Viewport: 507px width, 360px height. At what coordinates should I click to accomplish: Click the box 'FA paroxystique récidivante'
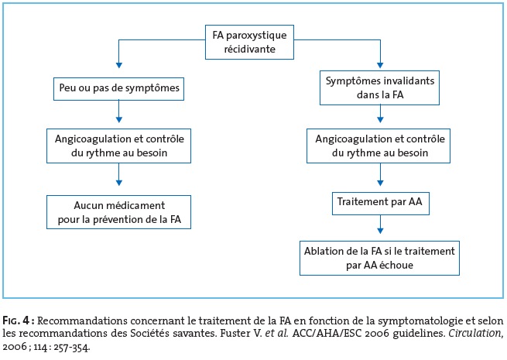249,42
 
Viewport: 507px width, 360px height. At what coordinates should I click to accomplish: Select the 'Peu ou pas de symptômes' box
118,88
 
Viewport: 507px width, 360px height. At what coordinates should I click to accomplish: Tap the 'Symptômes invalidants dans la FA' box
379,87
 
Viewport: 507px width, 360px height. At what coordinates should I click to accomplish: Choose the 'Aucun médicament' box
118,212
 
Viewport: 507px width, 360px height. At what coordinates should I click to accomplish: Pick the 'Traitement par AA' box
381,203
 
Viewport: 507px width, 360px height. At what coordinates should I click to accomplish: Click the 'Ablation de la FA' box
379,258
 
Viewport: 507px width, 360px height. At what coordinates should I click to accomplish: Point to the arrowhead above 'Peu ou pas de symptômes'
119,65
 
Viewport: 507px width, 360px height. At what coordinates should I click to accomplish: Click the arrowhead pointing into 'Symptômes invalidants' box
380,65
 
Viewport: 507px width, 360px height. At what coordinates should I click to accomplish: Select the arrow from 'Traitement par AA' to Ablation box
380,225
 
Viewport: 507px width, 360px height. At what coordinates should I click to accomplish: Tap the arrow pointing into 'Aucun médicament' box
119,174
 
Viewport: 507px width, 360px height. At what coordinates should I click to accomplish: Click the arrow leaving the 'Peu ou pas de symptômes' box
119,111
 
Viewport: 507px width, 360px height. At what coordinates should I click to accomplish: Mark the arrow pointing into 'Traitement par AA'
380,174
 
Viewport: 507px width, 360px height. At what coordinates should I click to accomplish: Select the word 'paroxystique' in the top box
256,36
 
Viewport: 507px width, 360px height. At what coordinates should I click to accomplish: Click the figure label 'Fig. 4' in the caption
16,321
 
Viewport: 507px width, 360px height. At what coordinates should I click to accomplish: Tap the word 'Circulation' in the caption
475,334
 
